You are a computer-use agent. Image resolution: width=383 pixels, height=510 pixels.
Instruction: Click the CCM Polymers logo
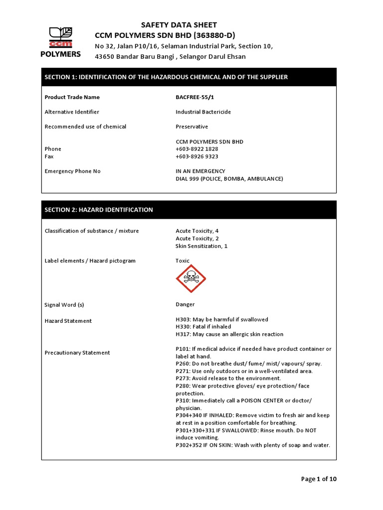[x=60, y=42]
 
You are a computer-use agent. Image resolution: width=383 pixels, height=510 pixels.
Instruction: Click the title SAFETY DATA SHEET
[x=179, y=25]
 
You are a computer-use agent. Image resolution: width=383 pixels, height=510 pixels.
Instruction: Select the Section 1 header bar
[x=189, y=77]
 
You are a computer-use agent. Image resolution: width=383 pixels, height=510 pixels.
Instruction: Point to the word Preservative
[x=191, y=127]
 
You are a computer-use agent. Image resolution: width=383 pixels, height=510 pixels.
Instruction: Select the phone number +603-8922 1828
[x=196, y=149]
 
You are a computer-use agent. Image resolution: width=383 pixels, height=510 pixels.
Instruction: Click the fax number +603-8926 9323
[x=196, y=156]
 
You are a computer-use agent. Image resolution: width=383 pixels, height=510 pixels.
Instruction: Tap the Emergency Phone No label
[x=72, y=171]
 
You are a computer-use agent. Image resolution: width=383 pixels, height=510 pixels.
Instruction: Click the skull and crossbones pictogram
[x=191, y=279]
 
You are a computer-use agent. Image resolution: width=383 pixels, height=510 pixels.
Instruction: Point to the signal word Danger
[x=185, y=304]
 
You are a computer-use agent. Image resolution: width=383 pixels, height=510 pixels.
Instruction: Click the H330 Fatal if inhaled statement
[x=203, y=327]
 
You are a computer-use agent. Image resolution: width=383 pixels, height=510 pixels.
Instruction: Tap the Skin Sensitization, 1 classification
[x=201, y=246]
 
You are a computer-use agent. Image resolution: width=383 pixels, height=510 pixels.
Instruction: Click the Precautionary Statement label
[x=77, y=353]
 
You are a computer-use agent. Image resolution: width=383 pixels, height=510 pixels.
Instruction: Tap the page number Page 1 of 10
[x=319, y=479]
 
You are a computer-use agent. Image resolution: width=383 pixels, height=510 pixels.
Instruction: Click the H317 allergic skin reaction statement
[x=229, y=334]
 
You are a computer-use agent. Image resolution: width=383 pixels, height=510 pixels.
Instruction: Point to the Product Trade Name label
[x=72, y=97]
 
